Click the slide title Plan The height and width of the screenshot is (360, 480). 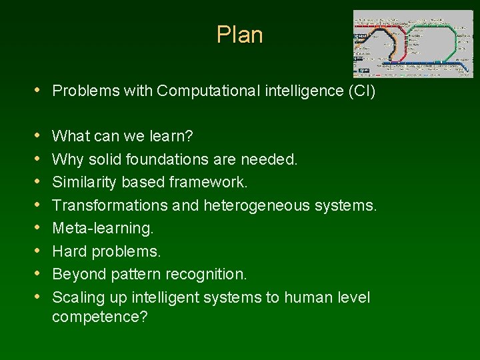click(x=239, y=35)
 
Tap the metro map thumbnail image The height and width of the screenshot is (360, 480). click(x=413, y=43)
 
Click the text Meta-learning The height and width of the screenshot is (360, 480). click(x=103, y=229)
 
